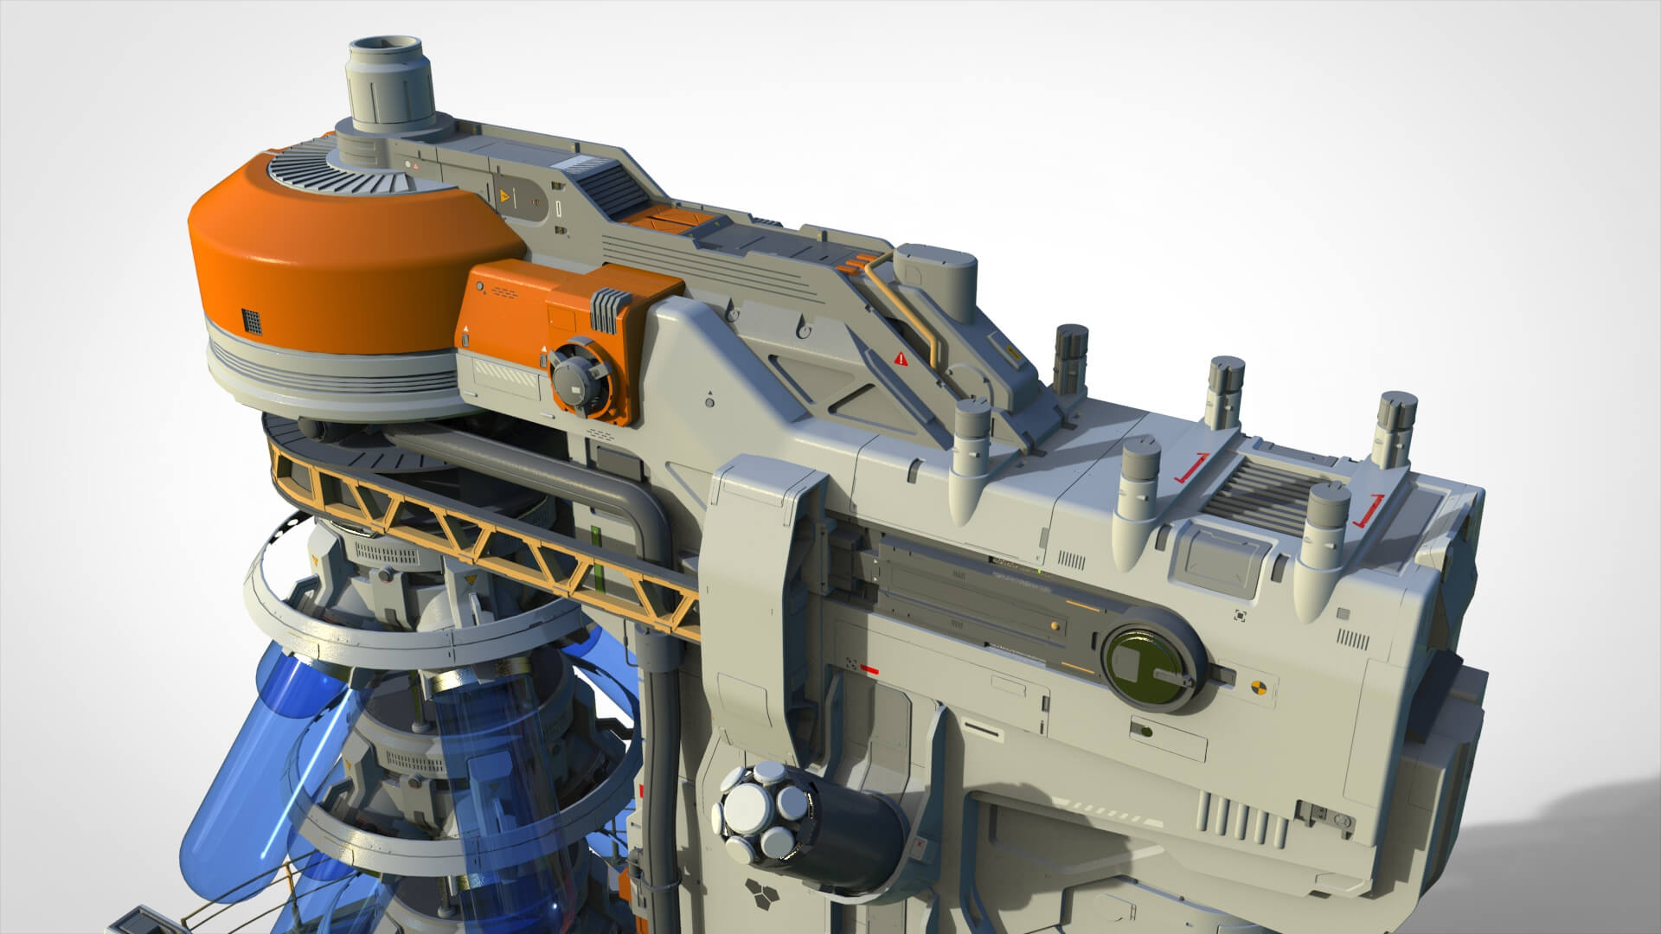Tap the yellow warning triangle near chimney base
pos(504,197)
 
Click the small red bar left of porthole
pos(869,669)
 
